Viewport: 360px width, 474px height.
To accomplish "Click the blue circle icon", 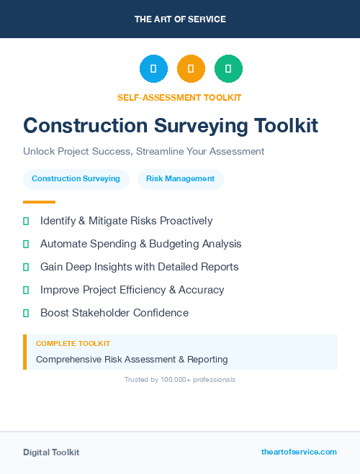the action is (x=153, y=69).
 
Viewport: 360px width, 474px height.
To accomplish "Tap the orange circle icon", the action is (x=191, y=69).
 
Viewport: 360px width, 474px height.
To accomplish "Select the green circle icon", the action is (x=228, y=69).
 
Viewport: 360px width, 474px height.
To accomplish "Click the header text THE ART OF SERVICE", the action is (x=180, y=19).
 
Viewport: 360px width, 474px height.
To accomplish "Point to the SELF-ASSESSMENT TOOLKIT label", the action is (x=179, y=97).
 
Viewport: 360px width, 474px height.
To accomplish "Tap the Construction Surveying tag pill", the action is (x=76, y=178).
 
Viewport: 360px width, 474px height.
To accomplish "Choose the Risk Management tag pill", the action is (x=180, y=178).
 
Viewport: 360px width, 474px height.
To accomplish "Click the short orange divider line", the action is (x=39, y=202).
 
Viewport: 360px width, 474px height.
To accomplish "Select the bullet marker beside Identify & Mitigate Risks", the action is (x=26, y=221).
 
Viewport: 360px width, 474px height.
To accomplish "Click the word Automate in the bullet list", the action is (x=63, y=244).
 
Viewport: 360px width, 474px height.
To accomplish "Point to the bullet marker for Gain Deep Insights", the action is (x=26, y=267).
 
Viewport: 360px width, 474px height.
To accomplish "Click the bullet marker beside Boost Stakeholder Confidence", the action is (x=26, y=313).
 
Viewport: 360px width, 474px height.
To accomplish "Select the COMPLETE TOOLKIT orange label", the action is (x=73, y=344).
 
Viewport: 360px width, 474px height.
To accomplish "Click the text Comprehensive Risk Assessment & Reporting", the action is (x=132, y=359).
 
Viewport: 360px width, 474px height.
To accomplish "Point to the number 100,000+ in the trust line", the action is (x=178, y=379).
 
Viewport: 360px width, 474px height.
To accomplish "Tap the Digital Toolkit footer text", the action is (x=51, y=452).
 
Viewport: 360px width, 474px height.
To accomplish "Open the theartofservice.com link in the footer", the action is (x=299, y=452).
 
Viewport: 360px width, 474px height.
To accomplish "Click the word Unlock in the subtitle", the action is (x=39, y=152).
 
